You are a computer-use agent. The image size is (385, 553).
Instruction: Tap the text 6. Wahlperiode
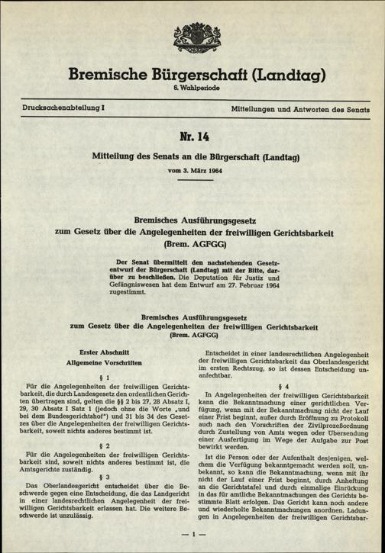pyautogui.click(x=192, y=91)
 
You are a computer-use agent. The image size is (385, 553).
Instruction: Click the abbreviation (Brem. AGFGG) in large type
pyautogui.click(x=192, y=246)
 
